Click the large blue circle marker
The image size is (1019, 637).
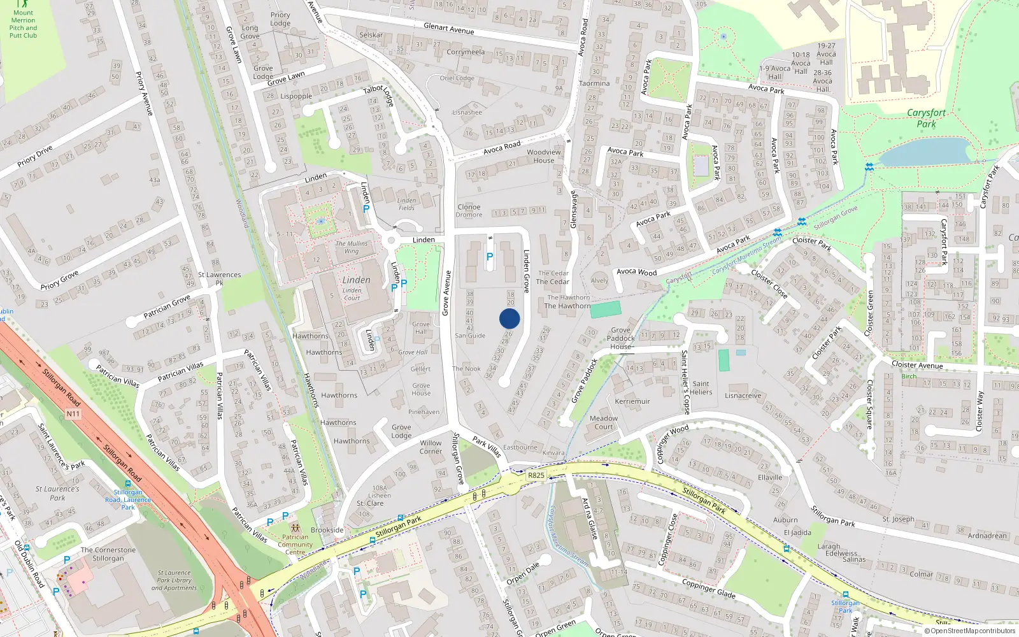click(509, 318)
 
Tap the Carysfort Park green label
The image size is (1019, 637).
click(926, 118)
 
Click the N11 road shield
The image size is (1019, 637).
click(73, 414)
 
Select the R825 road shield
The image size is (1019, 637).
click(536, 475)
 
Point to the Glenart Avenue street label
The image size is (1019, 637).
click(449, 29)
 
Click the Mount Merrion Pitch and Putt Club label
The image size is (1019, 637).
click(23, 24)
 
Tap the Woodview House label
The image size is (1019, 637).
click(544, 156)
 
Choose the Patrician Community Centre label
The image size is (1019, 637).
click(295, 545)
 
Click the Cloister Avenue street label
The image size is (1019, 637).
click(917, 365)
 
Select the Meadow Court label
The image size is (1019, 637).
click(604, 422)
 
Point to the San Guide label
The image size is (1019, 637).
click(470, 336)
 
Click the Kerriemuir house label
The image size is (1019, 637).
click(632, 401)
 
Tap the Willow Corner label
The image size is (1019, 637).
click(431, 447)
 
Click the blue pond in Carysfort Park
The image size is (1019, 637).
click(923, 152)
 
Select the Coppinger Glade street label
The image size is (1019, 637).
click(708, 588)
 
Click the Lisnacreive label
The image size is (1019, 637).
click(743, 396)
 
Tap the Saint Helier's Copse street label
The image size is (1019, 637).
click(685, 382)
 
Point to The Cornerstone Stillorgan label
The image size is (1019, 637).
click(108, 554)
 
